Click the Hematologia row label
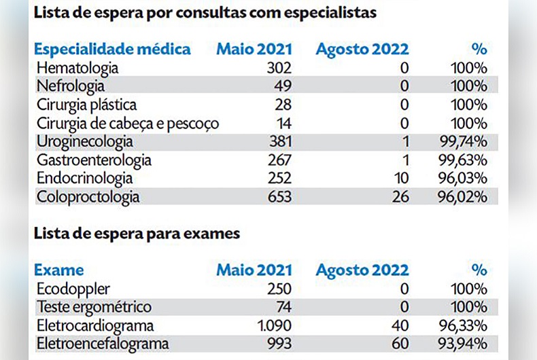coord(77,69)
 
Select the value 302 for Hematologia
coord(279,69)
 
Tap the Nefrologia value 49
coord(283,86)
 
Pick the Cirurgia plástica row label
coord(86,105)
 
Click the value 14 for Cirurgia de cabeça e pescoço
coord(283,124)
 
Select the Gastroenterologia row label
coord(94,160)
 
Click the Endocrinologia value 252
coord(279,179)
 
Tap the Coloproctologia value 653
coord(279,198)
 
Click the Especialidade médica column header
coord(112,49)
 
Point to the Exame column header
coord(59,270)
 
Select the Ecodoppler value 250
coord(279,289)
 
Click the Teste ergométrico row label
coord(93,307)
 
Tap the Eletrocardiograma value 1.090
coord(275,325)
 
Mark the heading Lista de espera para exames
coord(137,234)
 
